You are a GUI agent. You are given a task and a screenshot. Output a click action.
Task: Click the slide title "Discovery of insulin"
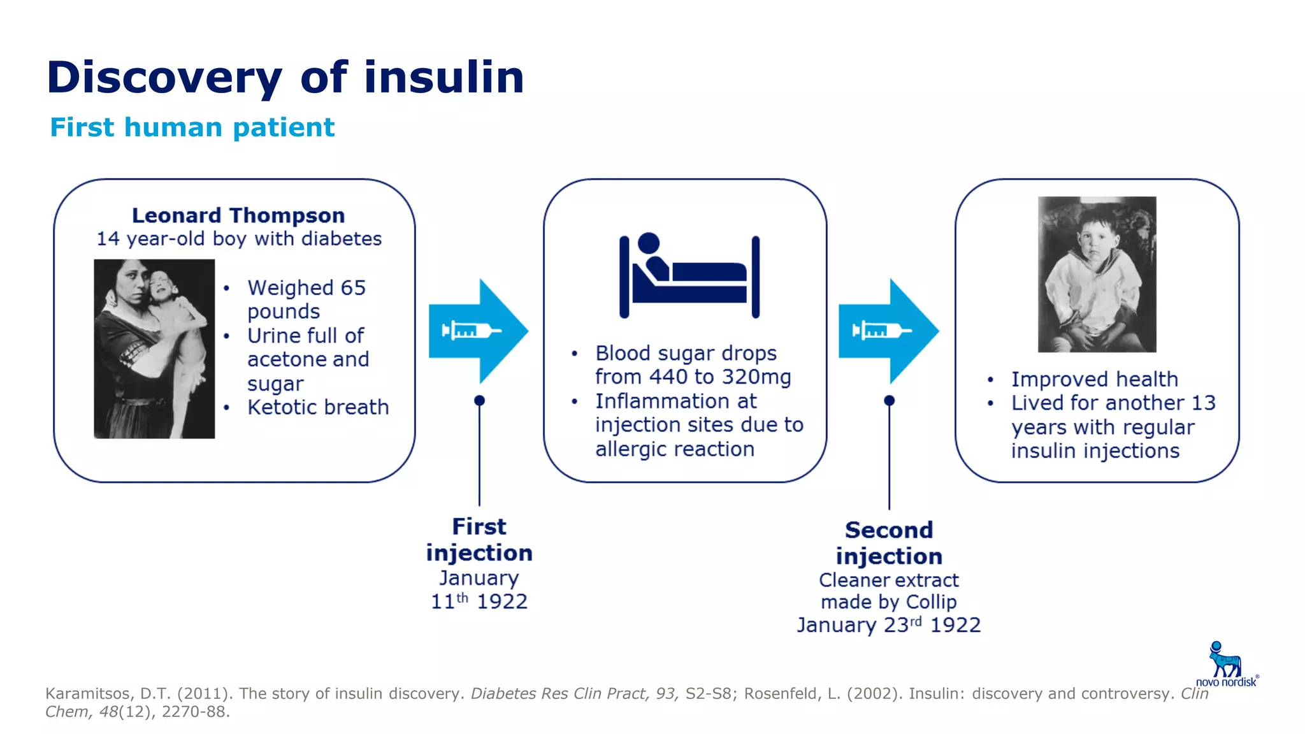pos(285,78)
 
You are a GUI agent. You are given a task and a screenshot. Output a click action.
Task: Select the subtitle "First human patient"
pos(192,127)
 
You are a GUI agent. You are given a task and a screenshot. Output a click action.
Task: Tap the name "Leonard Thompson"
pos(238,215)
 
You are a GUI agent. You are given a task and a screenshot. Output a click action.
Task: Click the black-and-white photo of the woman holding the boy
pos(154,349)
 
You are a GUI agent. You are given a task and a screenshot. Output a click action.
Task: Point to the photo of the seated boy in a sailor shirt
pos(1097,274)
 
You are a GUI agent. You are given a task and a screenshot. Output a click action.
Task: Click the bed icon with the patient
pos(689,275)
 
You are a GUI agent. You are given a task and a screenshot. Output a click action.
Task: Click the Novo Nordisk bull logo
pos(1224,661)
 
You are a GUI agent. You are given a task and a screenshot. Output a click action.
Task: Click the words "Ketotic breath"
pos(318,407)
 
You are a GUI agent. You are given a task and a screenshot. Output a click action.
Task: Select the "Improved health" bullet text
pos(1094,379)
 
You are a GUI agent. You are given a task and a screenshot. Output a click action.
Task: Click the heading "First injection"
pos(479,540)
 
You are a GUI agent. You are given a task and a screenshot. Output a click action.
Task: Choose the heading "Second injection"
pos(889,543)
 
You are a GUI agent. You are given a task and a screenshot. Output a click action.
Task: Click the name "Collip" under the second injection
pos(931,601)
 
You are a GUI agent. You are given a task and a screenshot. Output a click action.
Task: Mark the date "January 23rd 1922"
pos(888,625)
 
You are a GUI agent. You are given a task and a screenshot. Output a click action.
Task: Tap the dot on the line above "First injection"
pos(480,400)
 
